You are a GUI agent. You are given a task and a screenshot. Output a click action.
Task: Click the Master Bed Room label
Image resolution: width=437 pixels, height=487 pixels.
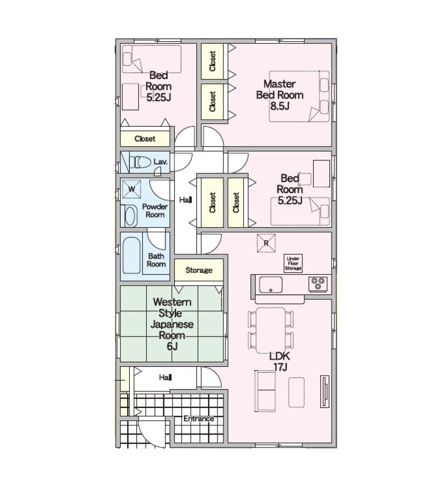280,95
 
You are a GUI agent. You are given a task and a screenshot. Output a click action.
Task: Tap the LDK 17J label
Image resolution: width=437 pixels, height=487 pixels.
280,361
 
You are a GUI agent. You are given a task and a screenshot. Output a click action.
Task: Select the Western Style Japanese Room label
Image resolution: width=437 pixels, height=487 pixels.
172,324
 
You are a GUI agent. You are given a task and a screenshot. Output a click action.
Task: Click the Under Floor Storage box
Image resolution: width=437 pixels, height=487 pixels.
293,264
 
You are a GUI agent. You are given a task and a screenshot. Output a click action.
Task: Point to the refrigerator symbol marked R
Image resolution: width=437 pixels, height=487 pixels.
266,243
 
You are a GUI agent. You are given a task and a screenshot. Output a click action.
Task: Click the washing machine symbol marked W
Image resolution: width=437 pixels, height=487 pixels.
131,189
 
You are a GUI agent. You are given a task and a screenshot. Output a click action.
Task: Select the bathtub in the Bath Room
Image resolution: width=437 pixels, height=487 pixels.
131,255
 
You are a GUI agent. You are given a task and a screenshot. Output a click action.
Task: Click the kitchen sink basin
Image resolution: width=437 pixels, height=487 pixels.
270,285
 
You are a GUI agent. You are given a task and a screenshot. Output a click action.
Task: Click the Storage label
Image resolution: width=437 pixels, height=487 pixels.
199,270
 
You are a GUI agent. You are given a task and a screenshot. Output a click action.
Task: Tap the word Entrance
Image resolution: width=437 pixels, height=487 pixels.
198,419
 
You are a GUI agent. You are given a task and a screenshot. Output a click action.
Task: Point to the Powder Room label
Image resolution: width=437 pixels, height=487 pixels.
155,210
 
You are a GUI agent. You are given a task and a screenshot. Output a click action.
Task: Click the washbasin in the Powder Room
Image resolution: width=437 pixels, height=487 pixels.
131,216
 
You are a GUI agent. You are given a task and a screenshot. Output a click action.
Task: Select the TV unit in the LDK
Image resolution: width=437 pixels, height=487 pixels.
325,391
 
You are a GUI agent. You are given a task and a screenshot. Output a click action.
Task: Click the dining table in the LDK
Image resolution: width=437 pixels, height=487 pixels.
270,330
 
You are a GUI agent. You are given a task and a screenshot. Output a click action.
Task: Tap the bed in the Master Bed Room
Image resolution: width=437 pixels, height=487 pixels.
299,96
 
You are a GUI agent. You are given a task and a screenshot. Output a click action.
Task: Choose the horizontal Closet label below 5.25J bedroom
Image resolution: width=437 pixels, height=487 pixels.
145,139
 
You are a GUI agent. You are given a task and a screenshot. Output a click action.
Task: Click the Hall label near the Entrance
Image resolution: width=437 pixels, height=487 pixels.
165,377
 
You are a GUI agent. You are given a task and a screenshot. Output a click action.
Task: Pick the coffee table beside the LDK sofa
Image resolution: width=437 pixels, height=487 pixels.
296,392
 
